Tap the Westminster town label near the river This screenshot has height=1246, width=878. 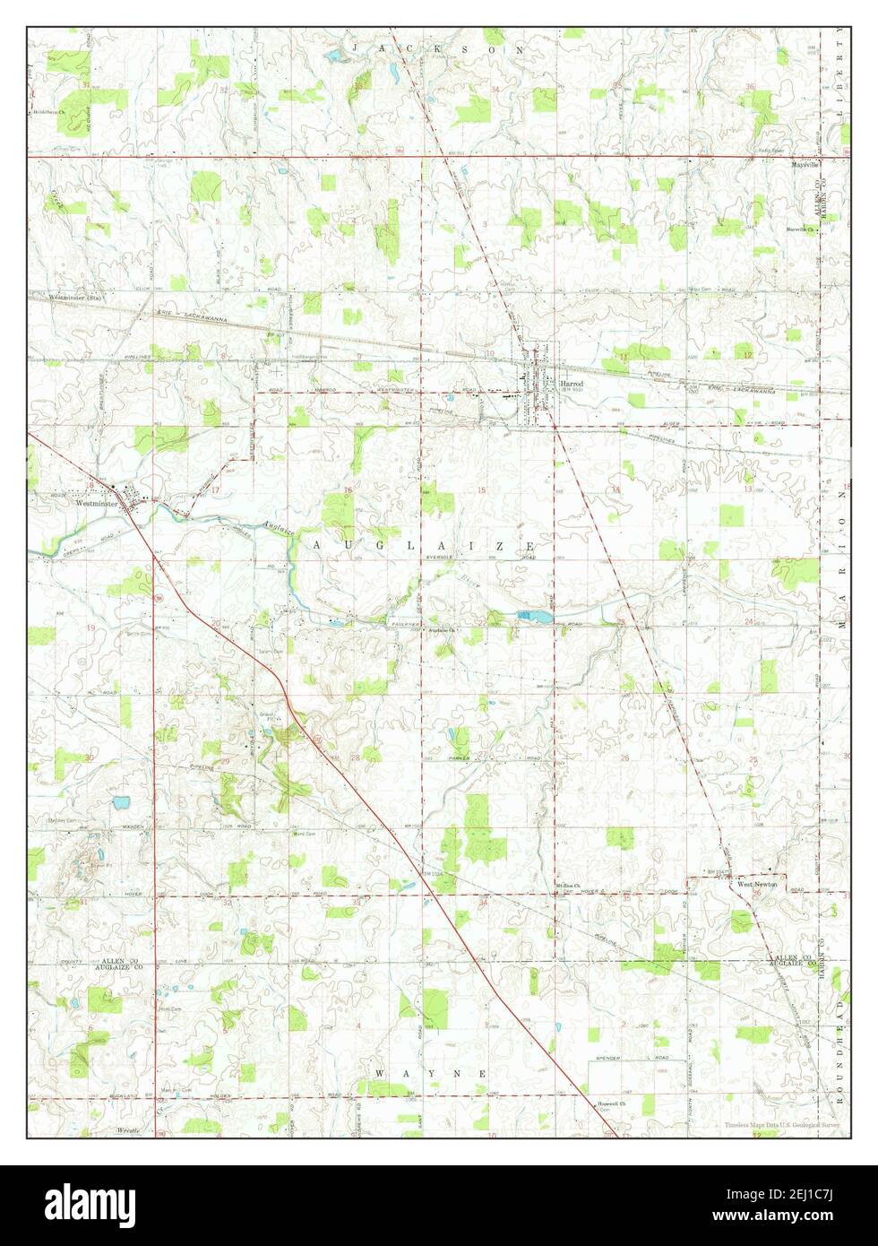point(98,504)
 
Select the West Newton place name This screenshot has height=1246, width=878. point(757,885)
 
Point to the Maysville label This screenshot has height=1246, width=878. point(805,166)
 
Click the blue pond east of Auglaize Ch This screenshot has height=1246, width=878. point(534,617)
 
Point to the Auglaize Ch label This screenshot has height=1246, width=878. point(443,629)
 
